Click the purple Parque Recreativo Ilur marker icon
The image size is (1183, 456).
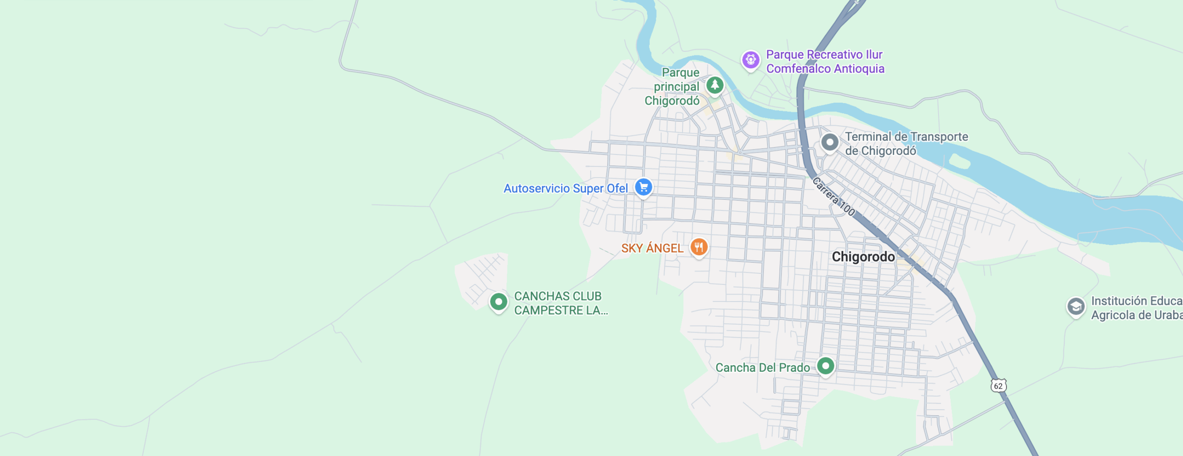coord(750,60)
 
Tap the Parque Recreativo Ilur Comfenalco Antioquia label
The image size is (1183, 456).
coord(825,62)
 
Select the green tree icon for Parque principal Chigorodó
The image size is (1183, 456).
coord(715,85)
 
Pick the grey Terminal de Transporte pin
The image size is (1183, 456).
coord(829,142)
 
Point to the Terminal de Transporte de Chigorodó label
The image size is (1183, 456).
coord(906,143)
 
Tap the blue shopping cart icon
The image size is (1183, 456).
coord(643,187)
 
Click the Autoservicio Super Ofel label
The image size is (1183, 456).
coord(566,188)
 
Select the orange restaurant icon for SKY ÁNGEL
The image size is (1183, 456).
coord(699,247)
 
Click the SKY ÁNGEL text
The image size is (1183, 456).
coord(652,248)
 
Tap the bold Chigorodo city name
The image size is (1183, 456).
coord(863,257)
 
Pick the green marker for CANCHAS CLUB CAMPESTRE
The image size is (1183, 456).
coord(499,302)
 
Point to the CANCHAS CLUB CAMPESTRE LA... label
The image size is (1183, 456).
coord(561,303)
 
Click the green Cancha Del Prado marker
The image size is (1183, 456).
coord(825,366)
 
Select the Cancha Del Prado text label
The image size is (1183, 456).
coord(762,368)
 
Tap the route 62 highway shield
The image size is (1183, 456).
coord(999,386)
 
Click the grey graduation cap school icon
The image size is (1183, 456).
coord(1076,307)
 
